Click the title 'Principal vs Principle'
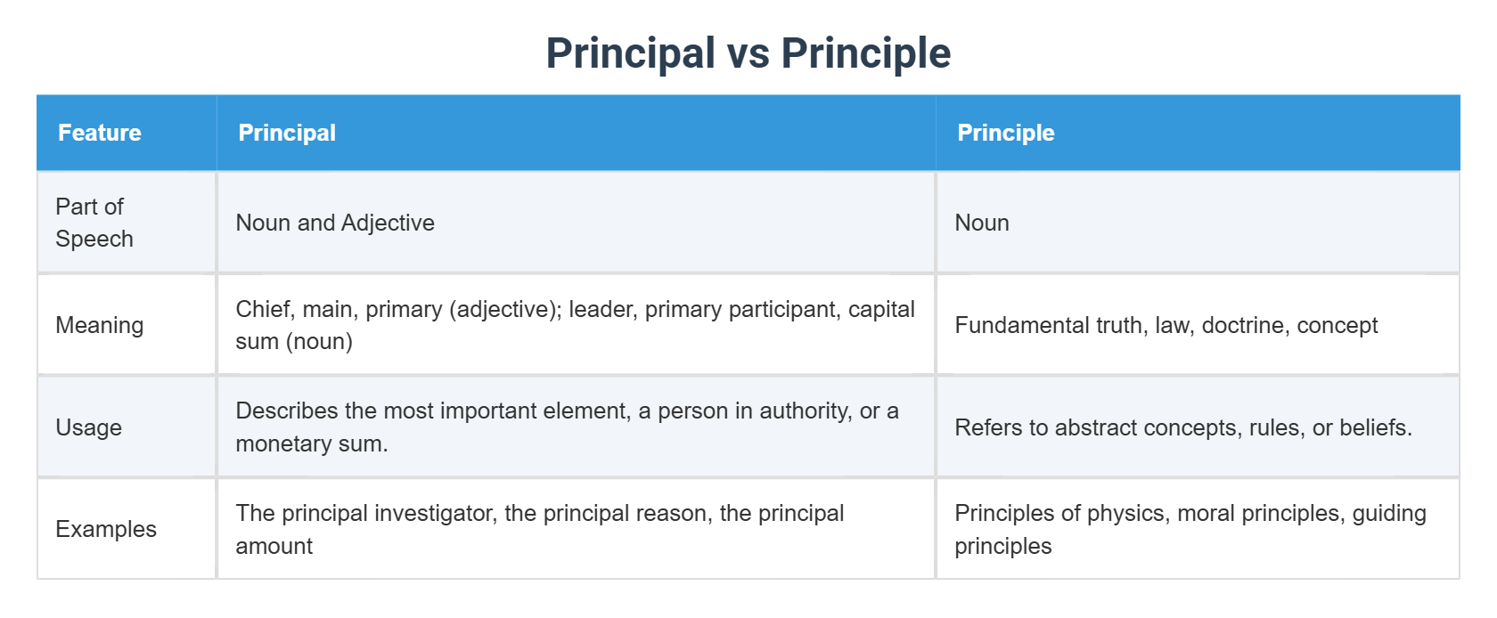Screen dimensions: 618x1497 pos(748,53)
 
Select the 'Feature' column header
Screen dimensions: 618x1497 pos(100,133)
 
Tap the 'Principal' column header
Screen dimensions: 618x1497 pos(287,133)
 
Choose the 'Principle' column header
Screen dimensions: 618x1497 pos(1005,133)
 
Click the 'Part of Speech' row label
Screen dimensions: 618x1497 pos(94,223)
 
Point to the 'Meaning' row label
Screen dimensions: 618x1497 pos(99,325)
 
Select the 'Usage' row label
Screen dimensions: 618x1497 pos(88,427)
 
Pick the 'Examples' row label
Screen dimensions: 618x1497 pos(105,529)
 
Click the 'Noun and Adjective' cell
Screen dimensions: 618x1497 pos(335,223)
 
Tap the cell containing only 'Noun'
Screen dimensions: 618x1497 pos(982,223)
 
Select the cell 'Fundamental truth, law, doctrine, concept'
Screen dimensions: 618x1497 pos(1166,325)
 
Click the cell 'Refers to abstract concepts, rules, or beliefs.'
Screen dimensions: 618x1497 pos(1182,427)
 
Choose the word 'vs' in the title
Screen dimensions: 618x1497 pos(748,53)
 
